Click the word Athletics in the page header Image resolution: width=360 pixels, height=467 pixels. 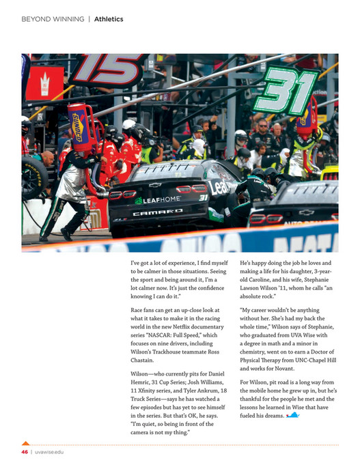109,19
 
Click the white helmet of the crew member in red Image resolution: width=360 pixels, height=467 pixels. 128,125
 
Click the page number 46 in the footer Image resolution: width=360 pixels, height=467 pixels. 24,452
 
